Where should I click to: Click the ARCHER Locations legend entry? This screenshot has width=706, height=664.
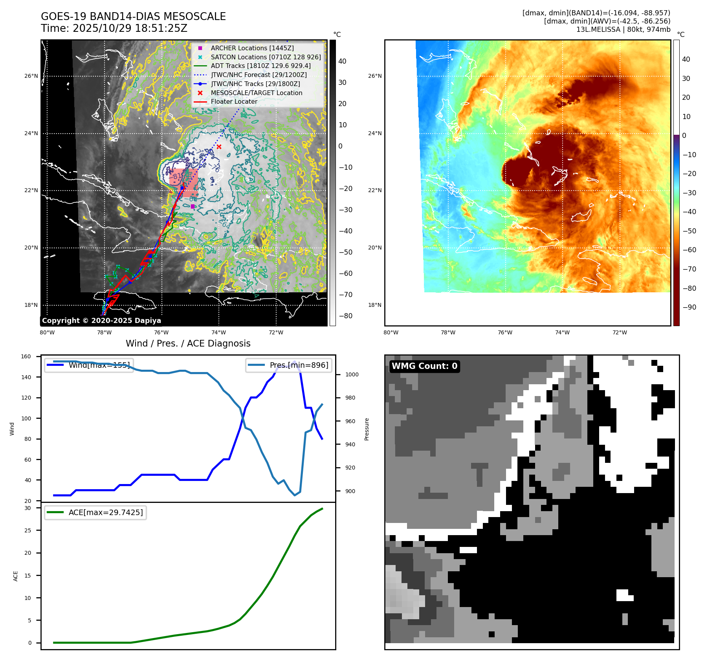[x=252, y=48]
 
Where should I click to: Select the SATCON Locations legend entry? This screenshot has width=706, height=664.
[x=266, y=57]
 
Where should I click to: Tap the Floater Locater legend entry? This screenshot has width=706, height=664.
[x=234, y=101]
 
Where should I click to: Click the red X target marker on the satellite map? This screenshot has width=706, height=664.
[x=219, y=147]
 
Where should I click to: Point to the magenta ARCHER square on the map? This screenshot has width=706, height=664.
[x=193, y=206]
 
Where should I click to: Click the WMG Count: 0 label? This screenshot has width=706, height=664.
[x=424, y=366]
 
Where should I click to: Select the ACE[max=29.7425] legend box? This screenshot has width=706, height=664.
[x=95, y=512]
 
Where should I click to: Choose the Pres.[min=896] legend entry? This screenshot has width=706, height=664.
[x=289, y=365]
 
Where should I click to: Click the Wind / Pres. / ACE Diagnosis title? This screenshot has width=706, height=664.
[x=188, y=343]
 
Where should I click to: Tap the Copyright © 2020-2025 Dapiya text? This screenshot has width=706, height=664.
[x=101, y=321]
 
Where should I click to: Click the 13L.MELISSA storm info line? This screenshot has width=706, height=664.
[x=623, y=29]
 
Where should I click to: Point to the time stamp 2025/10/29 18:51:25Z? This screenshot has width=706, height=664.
[x=114, y=29]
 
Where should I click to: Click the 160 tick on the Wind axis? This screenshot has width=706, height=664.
[x=26, y=357]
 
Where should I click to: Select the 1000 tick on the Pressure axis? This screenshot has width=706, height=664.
[x=352, y=374]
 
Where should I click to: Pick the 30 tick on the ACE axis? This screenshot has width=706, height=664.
[x=28, y=508]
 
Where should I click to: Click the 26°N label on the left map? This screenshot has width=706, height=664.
[x=31, y=76]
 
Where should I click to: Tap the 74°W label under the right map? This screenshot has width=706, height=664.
[x=562, y=333]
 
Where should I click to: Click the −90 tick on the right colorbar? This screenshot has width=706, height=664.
[x=689, y=307]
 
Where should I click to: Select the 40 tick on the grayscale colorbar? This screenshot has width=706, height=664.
[x=342, y=61]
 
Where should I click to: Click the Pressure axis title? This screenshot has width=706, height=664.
[x=367, y=429]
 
